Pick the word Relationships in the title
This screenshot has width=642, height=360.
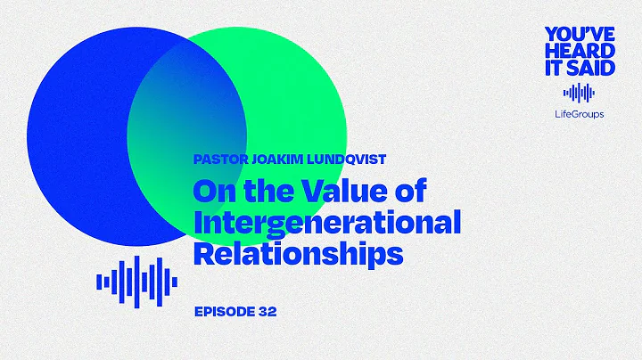pos(298,254)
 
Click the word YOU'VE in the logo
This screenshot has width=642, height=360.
pos(580,35)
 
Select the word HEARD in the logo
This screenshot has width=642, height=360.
pos(580,53)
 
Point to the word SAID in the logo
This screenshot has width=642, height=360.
pos(593,70)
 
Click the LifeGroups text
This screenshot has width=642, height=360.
pos(579,114)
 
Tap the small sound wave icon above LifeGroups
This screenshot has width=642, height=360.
pos(579,93)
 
